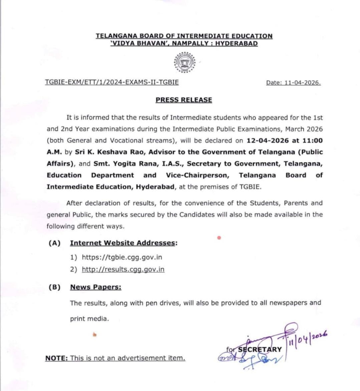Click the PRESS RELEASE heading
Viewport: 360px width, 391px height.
184,100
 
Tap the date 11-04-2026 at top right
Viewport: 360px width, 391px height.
302,83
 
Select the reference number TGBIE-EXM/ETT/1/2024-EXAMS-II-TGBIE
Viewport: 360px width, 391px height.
112,82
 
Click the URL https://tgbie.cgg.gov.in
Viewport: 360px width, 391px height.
122,257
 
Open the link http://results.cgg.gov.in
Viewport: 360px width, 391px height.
123,269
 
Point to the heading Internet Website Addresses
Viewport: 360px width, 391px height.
122,243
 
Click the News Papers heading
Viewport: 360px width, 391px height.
96,287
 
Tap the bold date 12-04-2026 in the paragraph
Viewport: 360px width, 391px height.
267,141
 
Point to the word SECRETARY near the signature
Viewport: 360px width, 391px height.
260,349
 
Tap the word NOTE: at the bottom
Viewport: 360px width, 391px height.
56,358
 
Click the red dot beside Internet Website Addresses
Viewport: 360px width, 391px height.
219,238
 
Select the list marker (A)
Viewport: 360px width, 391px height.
54,243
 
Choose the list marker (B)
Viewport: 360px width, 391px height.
54,287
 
